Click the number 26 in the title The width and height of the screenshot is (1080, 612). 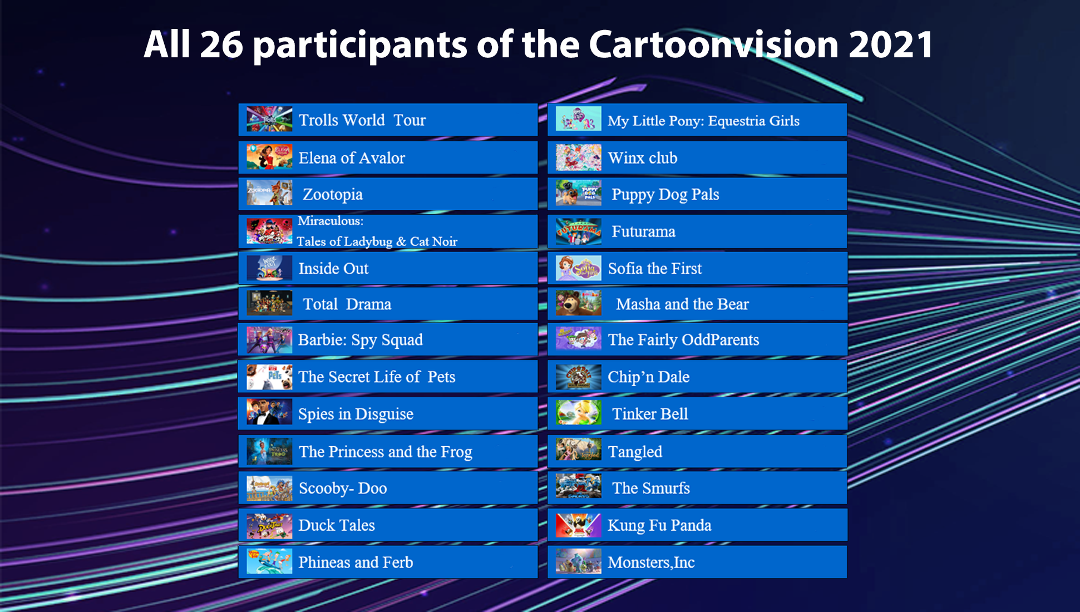(x=221, y=45)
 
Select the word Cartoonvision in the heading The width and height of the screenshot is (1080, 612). (x=714, y=45)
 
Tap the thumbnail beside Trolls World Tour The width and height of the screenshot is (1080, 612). (x=269, y=119)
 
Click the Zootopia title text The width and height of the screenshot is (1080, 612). (x=333, y=195)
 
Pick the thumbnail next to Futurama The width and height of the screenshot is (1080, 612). (x=579, y=231)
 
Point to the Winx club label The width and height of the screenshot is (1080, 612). (x=643, y=158)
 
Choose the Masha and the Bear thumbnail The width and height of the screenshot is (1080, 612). (x=579, y=304)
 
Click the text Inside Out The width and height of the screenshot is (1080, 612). (x=333, y=268)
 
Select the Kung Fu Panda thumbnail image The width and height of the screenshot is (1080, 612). (x=579, y=525)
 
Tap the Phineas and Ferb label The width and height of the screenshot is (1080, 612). (x=356, y=562)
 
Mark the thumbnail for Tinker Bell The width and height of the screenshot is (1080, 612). (x=579, y=413)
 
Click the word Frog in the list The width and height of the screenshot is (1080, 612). (x=456, y=452)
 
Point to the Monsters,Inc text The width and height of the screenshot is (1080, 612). (x=651, y=562)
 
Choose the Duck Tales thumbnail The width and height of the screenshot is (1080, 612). (x=269, y=525)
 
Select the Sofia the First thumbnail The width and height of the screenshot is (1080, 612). (x=579, y=268)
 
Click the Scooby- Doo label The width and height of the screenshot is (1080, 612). (x=343, y=488)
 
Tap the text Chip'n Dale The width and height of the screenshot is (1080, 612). (x=648, y=377)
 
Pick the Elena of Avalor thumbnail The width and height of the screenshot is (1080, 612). (x=269, y=157)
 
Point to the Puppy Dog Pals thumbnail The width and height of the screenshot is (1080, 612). (x=579, y=194)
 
